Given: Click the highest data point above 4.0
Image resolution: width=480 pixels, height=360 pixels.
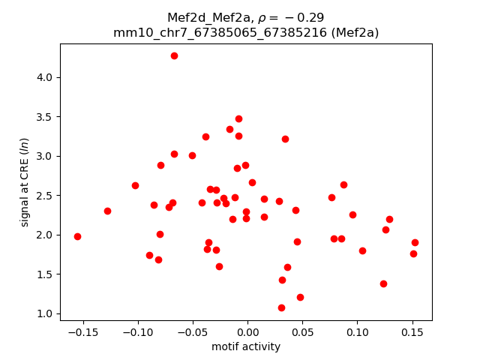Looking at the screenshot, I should [x=174, y=55].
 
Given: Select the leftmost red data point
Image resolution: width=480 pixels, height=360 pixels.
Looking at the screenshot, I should [x=77, y=236].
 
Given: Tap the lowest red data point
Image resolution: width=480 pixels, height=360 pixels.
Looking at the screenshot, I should [x=281, y=307].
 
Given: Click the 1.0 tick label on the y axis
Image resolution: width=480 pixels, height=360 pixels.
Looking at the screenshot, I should [x=46, y=313].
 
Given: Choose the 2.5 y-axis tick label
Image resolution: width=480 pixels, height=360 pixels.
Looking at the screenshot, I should [x=46, y=196].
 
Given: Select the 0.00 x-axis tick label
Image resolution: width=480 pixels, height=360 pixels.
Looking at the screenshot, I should [x=247, y=331].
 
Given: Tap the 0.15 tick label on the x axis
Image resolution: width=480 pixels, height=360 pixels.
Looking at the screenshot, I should [x=411, y=331].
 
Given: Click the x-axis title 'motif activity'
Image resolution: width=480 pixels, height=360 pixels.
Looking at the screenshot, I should [x=246, y=346].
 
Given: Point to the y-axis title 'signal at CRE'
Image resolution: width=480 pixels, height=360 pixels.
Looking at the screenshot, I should [x=25, y=182].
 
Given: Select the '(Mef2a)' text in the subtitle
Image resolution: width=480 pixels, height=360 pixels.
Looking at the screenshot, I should [x=355, y=32].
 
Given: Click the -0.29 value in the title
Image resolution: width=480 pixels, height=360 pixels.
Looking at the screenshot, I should [x=309, y=17].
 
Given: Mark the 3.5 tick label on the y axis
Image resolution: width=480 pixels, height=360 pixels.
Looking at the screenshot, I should [x=46, y=117].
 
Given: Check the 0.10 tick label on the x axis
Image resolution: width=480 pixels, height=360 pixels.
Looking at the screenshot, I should [x=356, y=331].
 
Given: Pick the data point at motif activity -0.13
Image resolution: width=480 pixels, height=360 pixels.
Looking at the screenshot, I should [x=107, y=211].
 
